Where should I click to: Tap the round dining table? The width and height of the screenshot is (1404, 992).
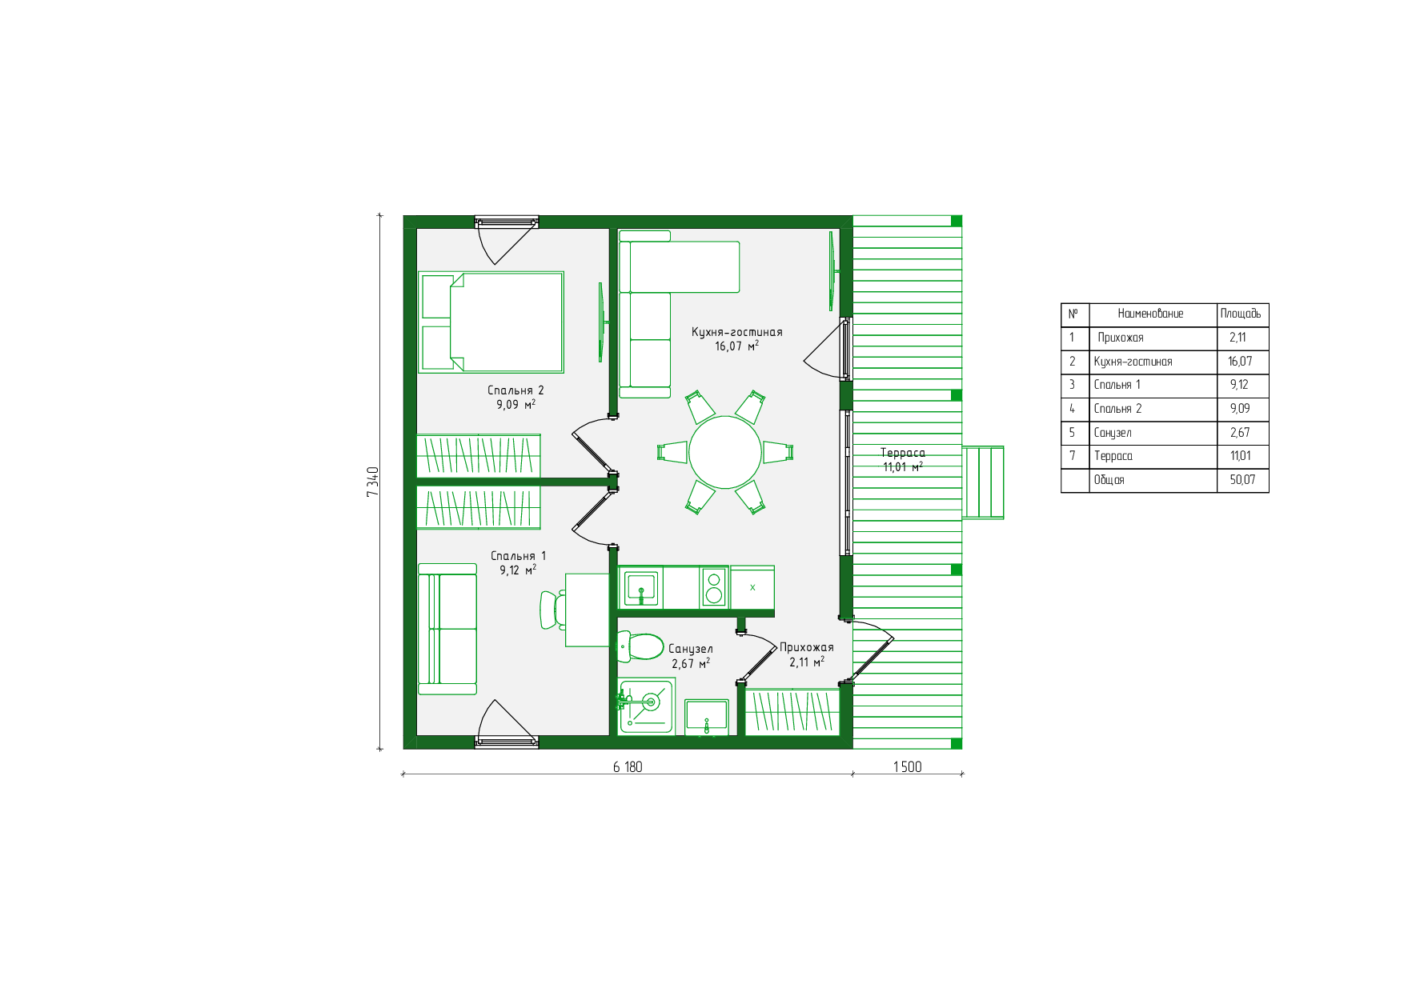725,452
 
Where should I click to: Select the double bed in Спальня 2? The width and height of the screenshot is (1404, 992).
491,322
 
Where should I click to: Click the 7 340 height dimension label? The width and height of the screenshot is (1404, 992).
372,482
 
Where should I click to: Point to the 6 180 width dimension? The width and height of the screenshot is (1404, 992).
628,766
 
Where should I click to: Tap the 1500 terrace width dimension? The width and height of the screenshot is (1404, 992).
908,766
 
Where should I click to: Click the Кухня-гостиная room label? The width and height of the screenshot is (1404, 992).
737,331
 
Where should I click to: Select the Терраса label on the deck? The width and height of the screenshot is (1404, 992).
903,453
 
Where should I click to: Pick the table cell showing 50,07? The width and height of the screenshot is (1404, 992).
1242,480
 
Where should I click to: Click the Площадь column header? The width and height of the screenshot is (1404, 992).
1241,314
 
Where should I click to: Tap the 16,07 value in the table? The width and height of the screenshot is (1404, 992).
1240,362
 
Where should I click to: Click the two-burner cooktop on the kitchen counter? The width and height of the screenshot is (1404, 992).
714,587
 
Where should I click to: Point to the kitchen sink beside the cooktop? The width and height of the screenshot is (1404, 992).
641,588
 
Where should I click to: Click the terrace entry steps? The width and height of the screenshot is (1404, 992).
983,482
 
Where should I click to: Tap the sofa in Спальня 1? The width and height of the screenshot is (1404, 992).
447,629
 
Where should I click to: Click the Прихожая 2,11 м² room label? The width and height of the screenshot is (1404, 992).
807,654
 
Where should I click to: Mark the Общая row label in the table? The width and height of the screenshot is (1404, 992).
1109,480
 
